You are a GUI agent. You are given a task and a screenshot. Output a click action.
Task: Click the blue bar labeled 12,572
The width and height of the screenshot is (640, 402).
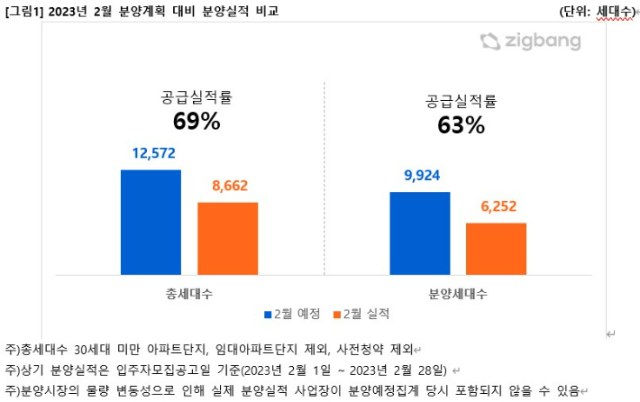(x=151, y=222)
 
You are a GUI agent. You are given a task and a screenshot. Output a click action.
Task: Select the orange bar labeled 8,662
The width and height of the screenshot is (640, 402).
(x=227, y=238)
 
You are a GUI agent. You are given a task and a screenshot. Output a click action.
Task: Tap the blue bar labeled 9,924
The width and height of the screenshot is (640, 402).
(x=419, y=233)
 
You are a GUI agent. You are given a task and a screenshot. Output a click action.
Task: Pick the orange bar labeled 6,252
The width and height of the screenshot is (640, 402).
(x=496, y=248)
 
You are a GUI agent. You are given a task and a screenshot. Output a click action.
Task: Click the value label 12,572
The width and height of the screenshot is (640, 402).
(x=151, y=154)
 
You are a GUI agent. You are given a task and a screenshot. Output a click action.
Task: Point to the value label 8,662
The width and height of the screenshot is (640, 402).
(x=227, y=187)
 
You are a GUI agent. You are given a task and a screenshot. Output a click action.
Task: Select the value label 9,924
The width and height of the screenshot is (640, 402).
(x=419, y=175)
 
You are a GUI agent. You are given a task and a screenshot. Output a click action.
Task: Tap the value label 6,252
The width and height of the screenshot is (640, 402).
(x=497, y=206)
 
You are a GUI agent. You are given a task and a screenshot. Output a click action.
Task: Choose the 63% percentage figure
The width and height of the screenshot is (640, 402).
(x=461, y=126)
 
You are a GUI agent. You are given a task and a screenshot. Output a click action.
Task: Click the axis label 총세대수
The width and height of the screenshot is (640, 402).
(x=189, y=293)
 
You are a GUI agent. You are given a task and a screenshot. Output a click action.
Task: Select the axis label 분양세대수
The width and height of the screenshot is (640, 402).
(x=458, y=293)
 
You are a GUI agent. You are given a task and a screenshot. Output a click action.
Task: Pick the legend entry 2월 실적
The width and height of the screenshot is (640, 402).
(x=363, y=314)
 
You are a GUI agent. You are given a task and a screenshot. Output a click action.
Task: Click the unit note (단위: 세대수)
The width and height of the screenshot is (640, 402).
(x=597, y=11)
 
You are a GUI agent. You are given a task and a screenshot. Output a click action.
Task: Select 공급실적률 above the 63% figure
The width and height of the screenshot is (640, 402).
(x=461, y=101)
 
